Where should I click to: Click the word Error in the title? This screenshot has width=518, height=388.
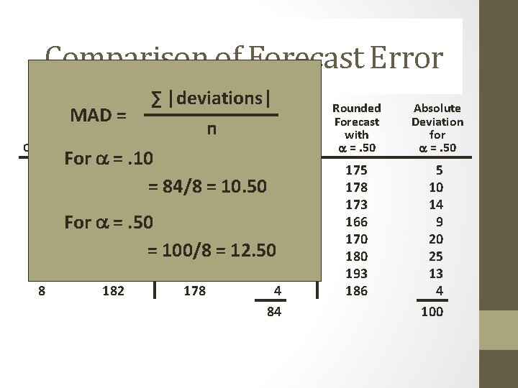click(406, 59)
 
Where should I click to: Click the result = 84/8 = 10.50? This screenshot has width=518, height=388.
click(207, 187)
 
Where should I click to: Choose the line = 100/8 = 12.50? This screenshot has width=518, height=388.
click(212, 251)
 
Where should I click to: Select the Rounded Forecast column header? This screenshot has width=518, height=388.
click(356, 121)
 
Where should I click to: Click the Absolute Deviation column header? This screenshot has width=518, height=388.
click(437, 121)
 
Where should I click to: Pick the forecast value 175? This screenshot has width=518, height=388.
click(356, 170)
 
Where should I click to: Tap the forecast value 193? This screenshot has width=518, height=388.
click(356, 274)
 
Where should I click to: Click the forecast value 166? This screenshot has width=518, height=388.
click(356, 222)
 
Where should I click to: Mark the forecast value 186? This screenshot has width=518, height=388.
click(356, 291)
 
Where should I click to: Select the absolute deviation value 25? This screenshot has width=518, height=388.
click(436, 257)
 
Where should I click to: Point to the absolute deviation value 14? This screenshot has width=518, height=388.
click(436, 205)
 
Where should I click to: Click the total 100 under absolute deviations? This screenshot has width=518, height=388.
click(432, 312)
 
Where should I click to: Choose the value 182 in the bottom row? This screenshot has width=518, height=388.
click(113, 291)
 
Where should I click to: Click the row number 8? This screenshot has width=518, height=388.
click(42, 291)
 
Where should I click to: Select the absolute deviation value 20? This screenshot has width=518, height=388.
click(436, 239)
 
